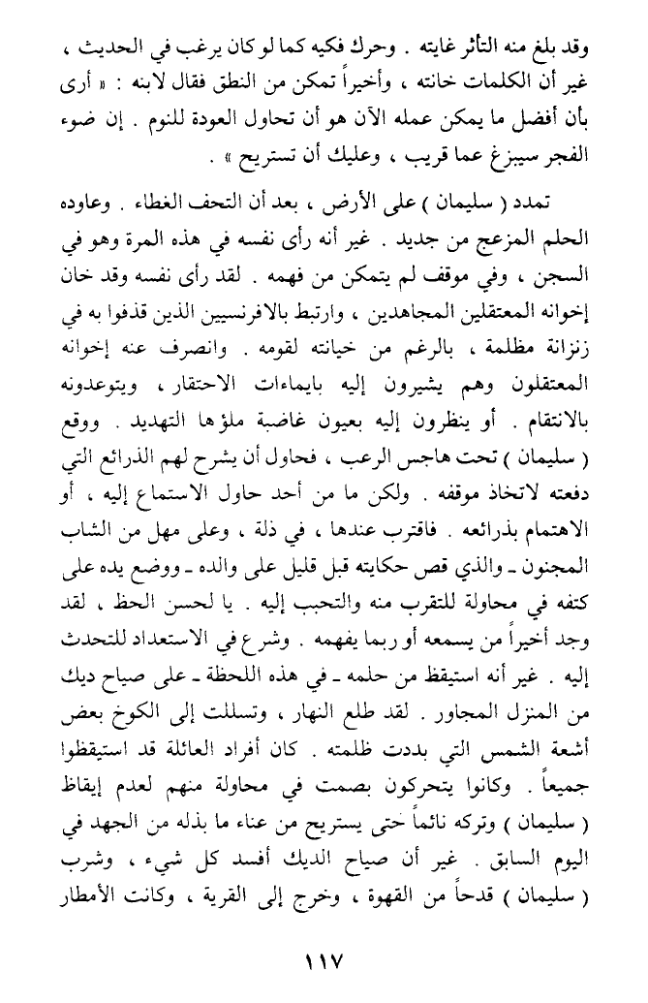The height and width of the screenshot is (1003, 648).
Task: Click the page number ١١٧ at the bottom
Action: point(324,966)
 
